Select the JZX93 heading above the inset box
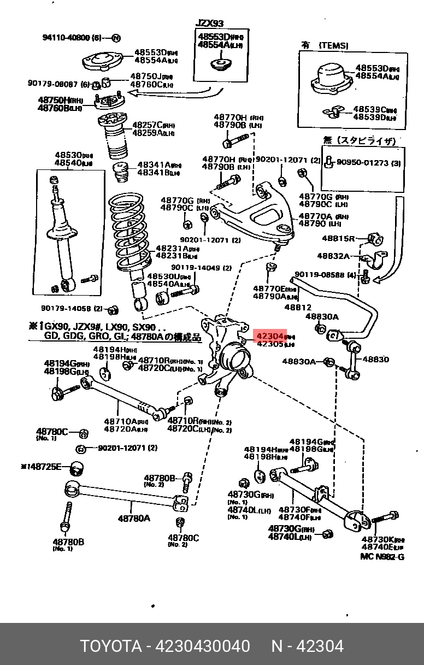(x=210, y=24)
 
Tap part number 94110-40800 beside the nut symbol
(x=65, y=38)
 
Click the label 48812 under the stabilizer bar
(x=298, y=308)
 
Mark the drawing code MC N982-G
(x=382, y=557)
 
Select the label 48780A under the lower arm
(x=134, y=517)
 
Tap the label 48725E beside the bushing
(x=45, y=467)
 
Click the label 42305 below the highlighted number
(x=270, y=345)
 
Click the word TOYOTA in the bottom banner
(x=111, y=646)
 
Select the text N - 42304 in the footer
(x=308, y=646)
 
